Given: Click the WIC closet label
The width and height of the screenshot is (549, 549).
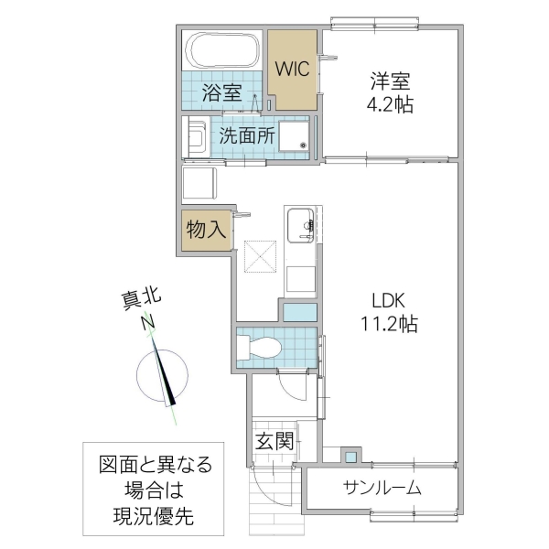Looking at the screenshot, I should tap(293, 70).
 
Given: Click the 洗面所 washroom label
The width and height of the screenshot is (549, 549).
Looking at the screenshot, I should tap(245, 135).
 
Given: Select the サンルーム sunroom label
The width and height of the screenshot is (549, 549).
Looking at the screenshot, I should tap(382, 488).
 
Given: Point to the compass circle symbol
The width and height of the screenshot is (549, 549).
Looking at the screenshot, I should tap(163, 375).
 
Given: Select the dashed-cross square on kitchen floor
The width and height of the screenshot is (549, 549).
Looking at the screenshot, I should tap(260, 255).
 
